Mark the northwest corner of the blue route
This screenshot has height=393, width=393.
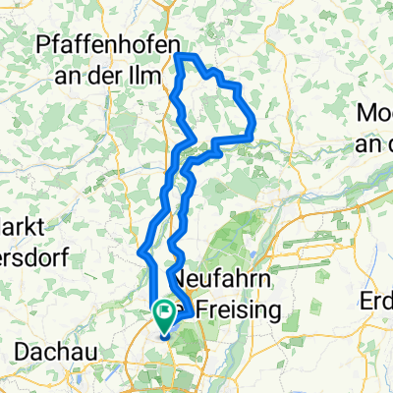[177, 57]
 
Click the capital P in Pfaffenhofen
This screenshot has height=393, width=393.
[42, 45]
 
